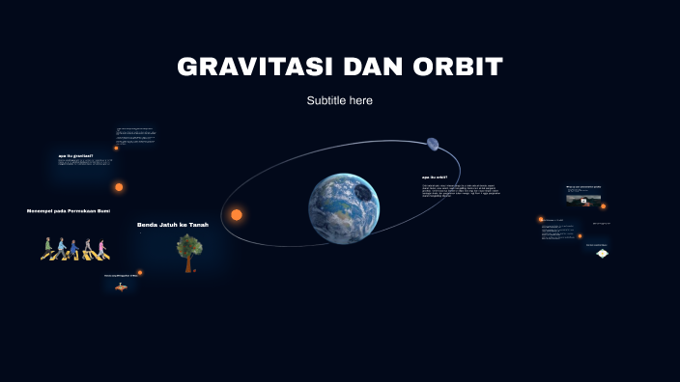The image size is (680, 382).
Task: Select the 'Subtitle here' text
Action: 340,100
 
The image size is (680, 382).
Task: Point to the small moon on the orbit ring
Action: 433,145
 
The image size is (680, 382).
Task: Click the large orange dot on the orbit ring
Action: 236,214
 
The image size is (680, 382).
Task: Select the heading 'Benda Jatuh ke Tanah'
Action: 173,225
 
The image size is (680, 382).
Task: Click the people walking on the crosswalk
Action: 74,249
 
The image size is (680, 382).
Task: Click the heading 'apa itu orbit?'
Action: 435,177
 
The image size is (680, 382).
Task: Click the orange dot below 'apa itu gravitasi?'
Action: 119,187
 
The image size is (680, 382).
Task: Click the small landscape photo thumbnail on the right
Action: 583,200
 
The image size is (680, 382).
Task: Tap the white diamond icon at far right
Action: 602,253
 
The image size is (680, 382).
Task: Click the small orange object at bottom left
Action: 121,287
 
